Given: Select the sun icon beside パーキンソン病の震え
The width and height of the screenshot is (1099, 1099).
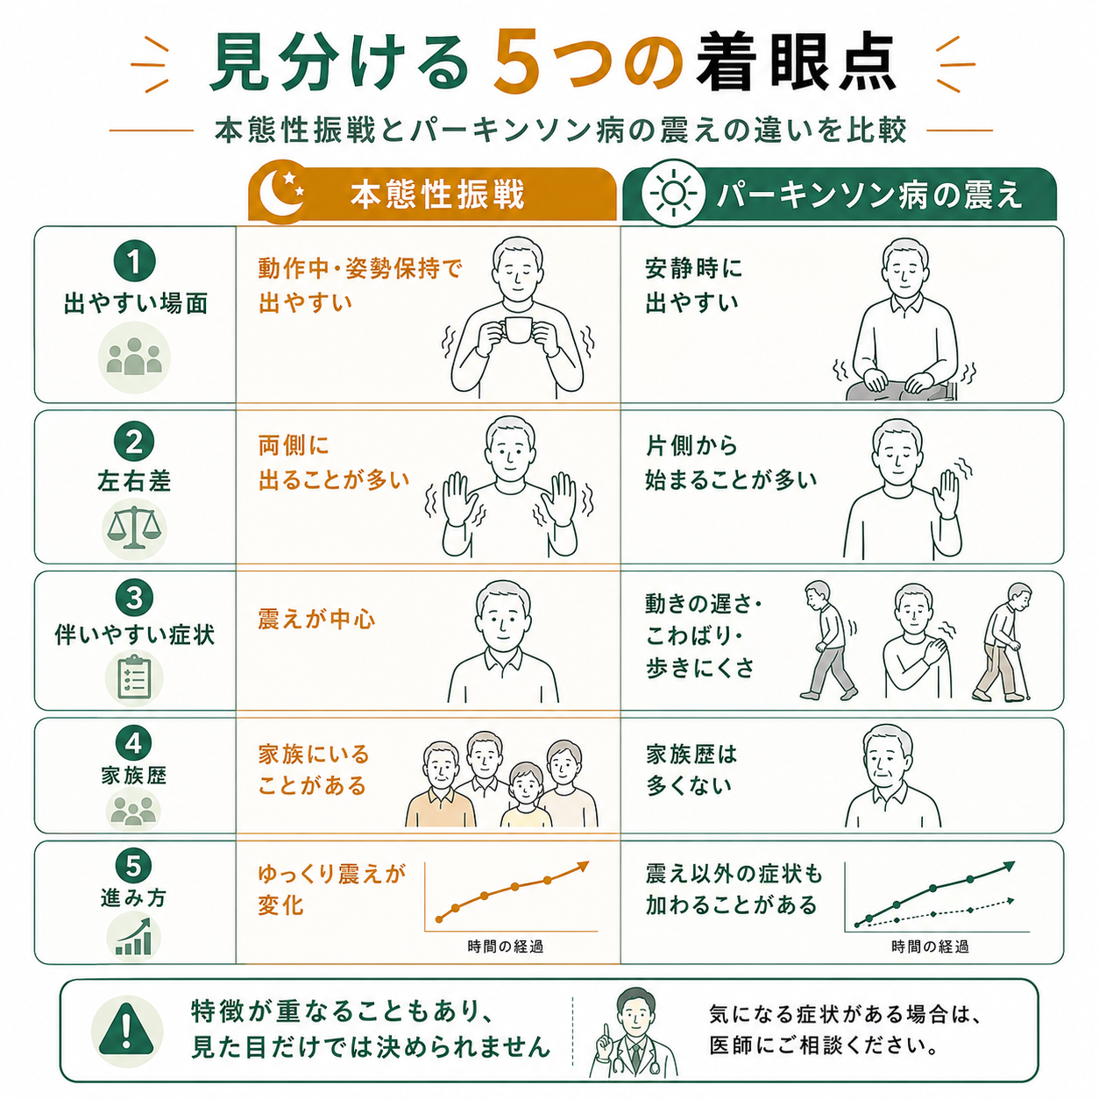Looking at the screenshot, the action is tap(674, 194).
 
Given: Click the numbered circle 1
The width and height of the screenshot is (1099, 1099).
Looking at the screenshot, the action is tap(135, 262).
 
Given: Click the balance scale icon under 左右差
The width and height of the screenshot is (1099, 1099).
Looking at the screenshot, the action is tap(134, 528).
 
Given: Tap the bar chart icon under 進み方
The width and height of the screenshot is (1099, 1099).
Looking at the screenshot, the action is tap(134, 937).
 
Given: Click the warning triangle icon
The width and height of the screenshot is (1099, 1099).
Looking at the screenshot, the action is tap(126, 1032).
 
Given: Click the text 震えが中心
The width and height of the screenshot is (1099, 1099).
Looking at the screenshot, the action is tap(316, 620).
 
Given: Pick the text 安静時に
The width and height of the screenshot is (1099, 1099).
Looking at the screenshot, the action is tap(693, 269).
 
